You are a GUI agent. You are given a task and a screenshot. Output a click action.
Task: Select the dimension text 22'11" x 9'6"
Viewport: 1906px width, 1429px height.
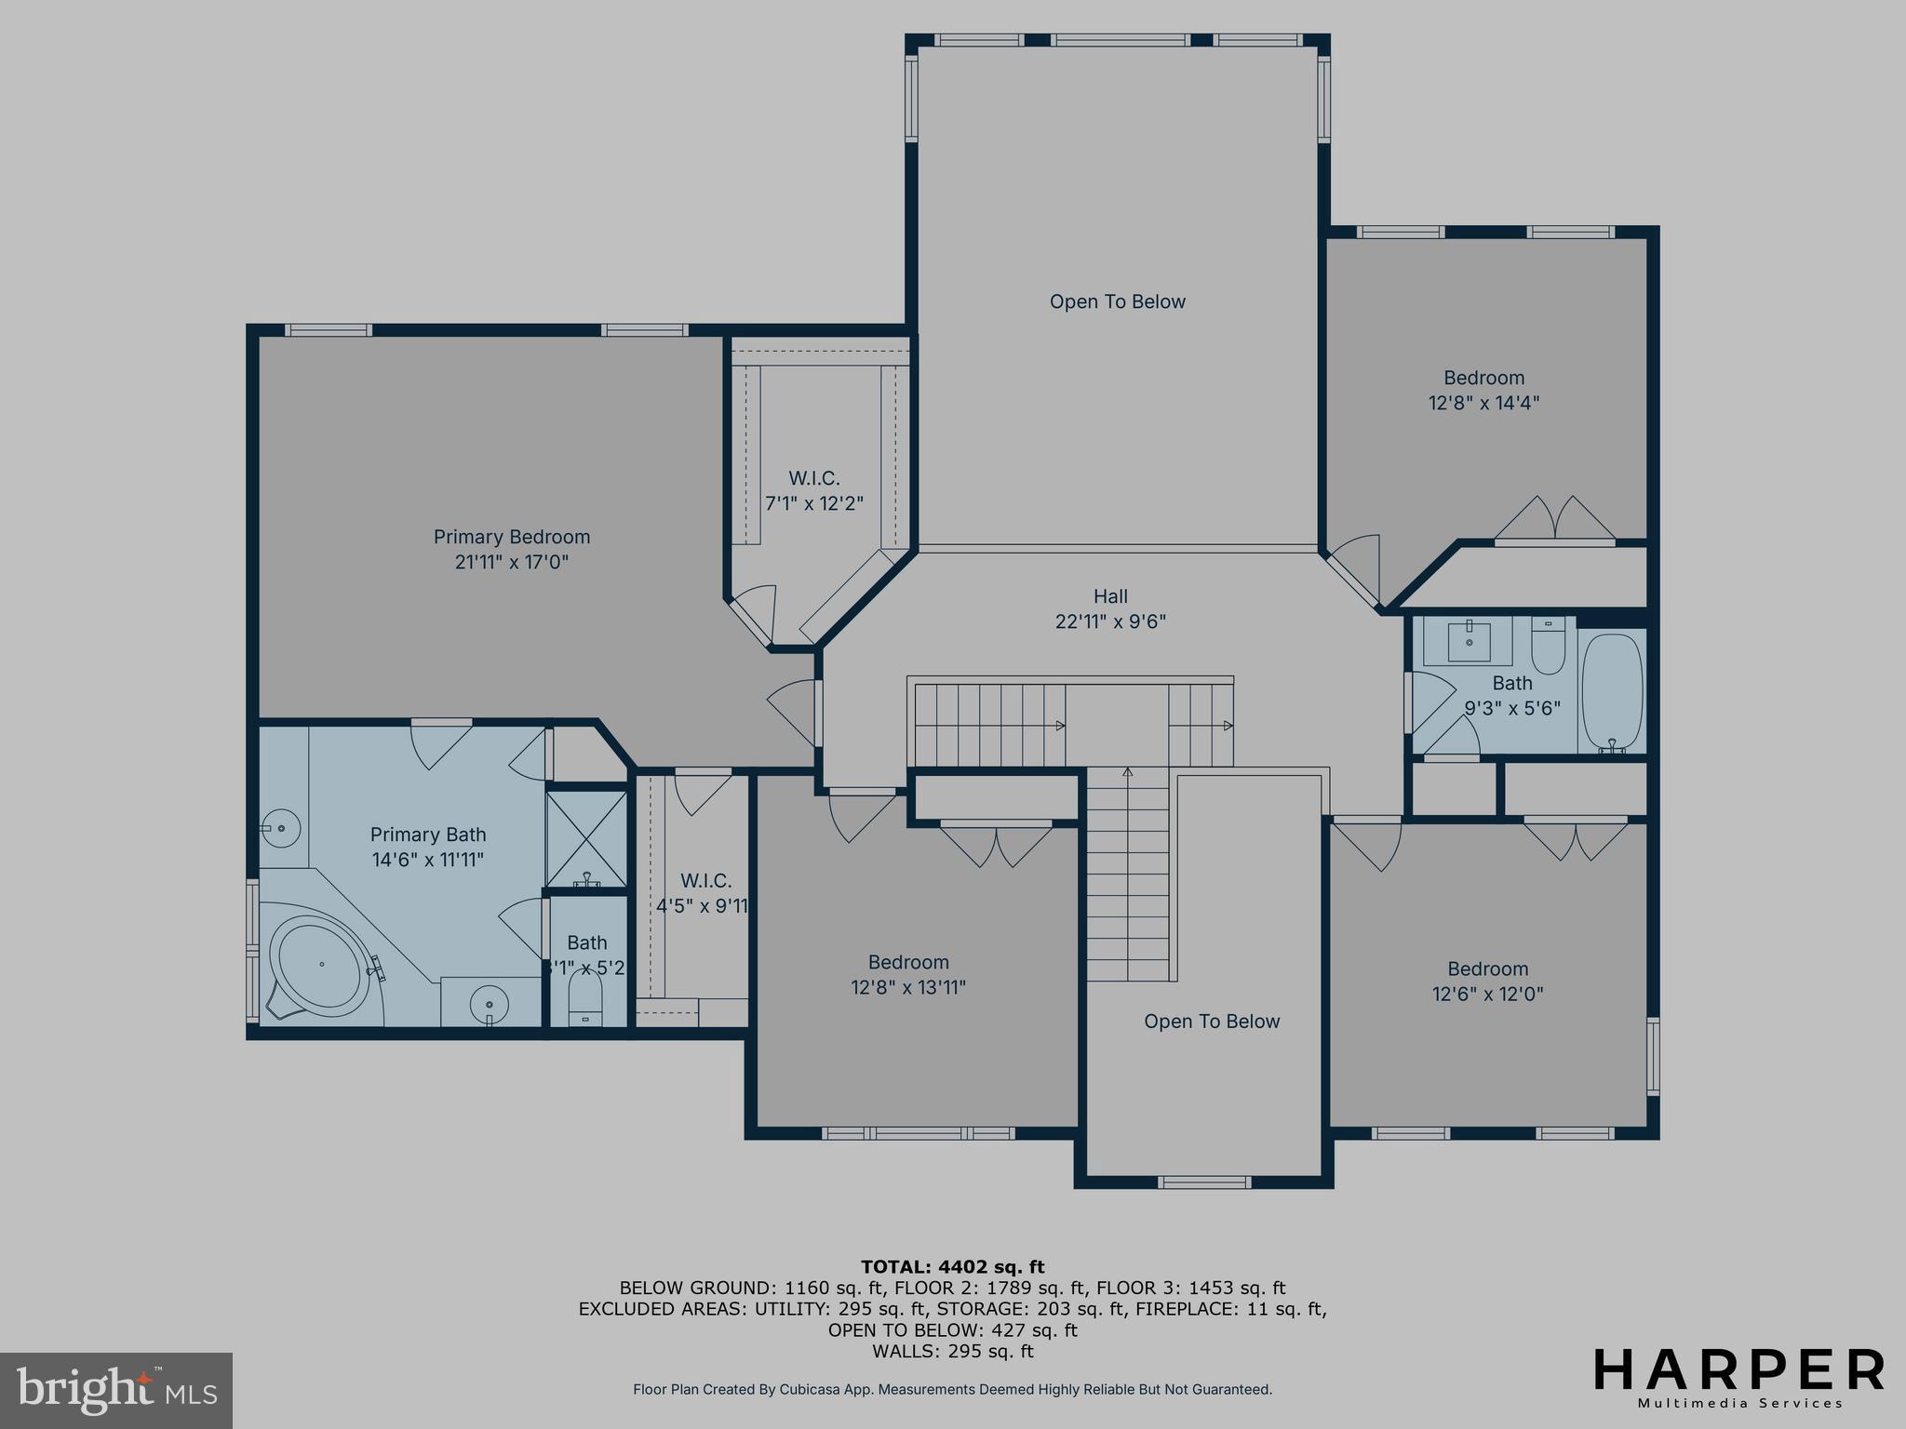coord(1109,621)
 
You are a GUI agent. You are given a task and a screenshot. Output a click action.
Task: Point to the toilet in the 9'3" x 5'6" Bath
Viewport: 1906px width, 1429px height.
coord(1549,646)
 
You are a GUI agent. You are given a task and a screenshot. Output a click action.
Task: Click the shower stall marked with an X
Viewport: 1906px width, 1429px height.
coord(586,838)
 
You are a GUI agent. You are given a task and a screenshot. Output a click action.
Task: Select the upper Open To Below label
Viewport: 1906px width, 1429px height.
coord(1117,301)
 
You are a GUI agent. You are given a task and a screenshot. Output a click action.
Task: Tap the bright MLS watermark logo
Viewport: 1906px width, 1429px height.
coord(115,1390)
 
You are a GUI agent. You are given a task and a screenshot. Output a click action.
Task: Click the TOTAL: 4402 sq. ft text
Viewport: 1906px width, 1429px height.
coord(952,1266)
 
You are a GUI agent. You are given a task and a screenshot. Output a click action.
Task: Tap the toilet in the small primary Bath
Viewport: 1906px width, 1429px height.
coord(585,1005)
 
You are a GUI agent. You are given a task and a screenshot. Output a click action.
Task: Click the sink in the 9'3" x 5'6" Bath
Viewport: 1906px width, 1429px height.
coord(1470,641)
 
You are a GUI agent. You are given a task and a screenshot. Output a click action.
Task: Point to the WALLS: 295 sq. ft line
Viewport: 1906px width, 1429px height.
coord(952,1351)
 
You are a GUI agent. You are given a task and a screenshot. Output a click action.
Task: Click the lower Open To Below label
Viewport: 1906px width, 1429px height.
coord(1212,1022)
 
